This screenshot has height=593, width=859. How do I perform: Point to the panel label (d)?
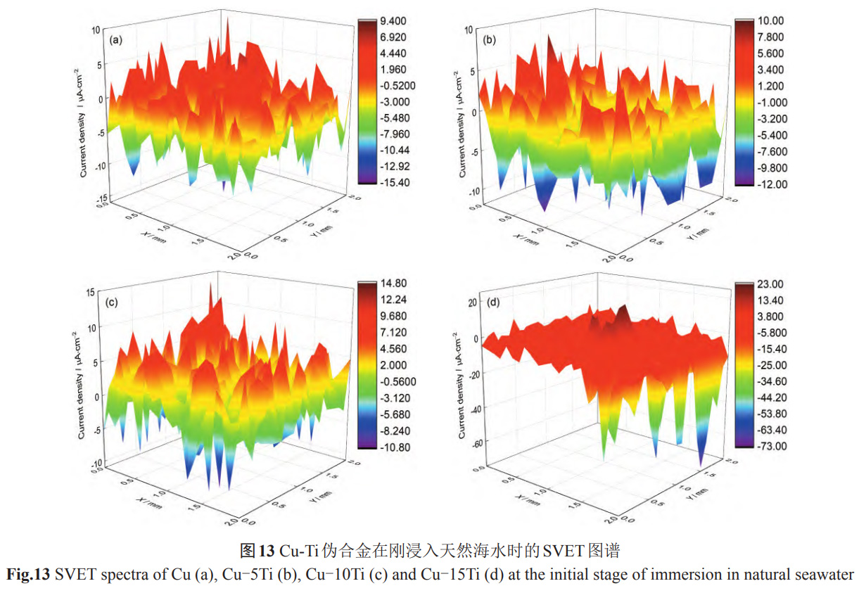[x=493, y=303]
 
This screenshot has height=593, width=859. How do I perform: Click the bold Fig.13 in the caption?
[x=28, y=574]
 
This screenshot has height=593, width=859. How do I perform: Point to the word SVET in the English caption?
[x=73, y=574]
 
